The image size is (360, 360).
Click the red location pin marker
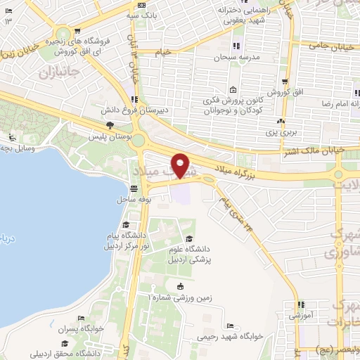pyautogui.click(x=181, y=165)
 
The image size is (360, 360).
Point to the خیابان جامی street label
pyautogui.click(x=332, y=46)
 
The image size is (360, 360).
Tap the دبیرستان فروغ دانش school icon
pyautogui.click(x=134, y=98)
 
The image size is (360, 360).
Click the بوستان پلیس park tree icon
pyautogui.click(x=109, y=124)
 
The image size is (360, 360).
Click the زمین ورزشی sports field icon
pyautogui.click(x=181, y=285)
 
